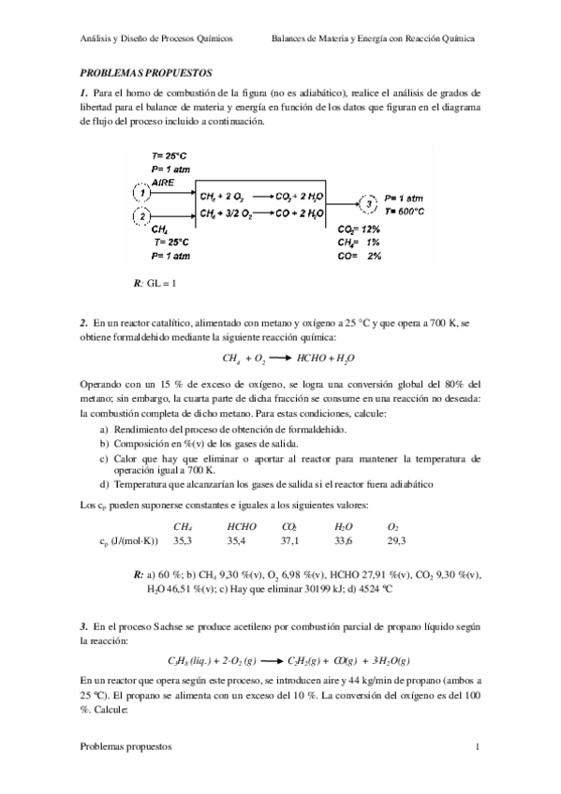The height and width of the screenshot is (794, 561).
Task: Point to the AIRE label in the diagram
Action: pyautogui.click(x=150, y=181)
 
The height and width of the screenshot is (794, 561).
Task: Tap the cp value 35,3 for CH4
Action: pyautogui.click(x=183, y=540)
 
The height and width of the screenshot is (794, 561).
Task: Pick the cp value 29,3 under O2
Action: pyautogui.click(x=396, y=540)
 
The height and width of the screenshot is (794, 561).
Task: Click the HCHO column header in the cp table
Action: pyautogui.click(x=242, y=527)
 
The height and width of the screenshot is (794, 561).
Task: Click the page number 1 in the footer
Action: pyautogui.click(x=477, y=747)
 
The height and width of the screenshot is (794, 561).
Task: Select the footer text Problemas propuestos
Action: pyautogui.click(x=125, y=747)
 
